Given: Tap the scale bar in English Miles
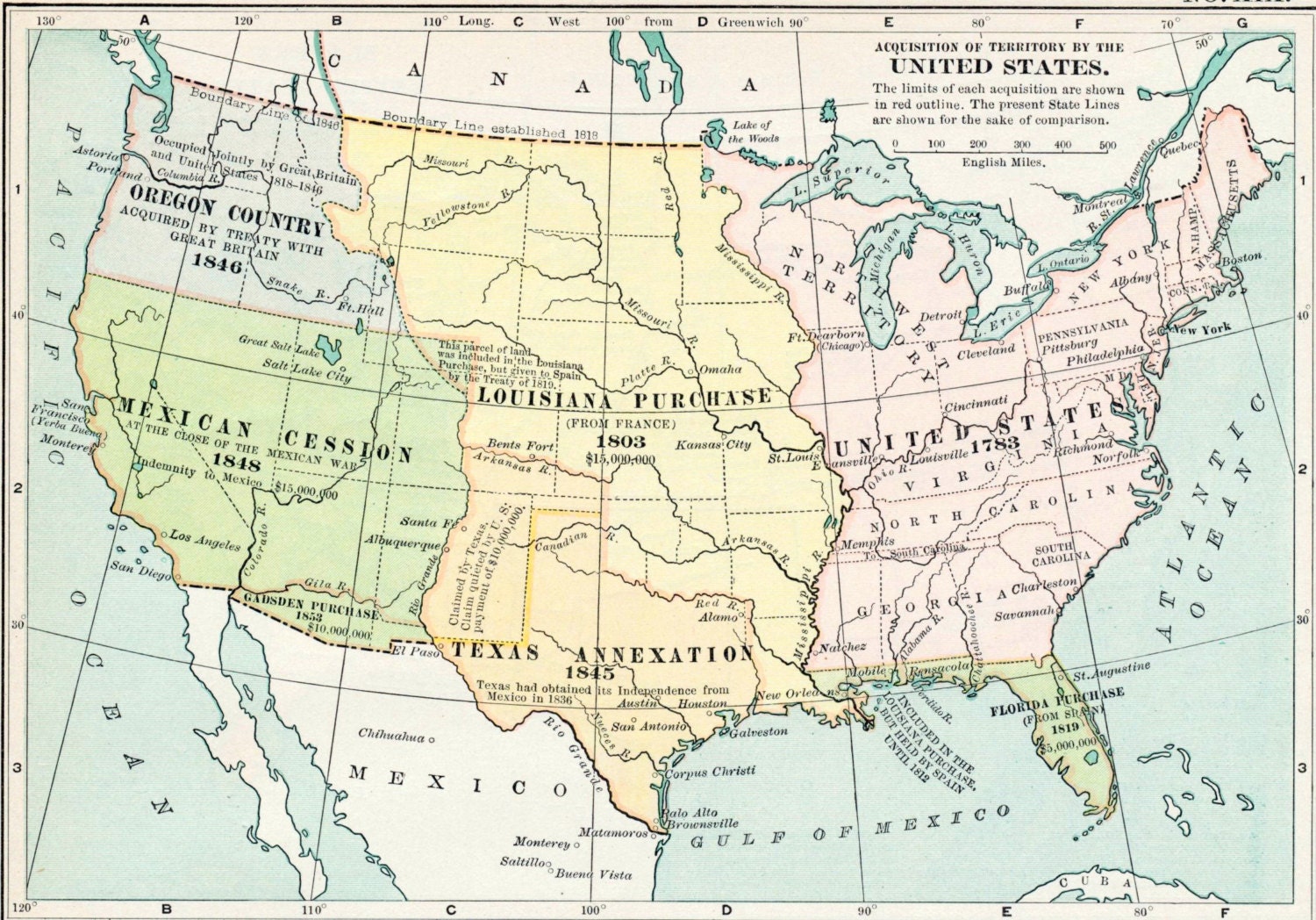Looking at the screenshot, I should [x=1001, y=150].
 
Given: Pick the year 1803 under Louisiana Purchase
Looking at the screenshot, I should [x=620, y=442].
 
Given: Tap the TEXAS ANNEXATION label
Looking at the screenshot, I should [x=601, y=654].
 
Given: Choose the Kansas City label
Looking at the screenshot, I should [x=713, y=445].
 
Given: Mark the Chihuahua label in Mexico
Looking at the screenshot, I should [x=391, y=736].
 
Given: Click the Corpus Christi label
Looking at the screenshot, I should [x=710, y=773].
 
